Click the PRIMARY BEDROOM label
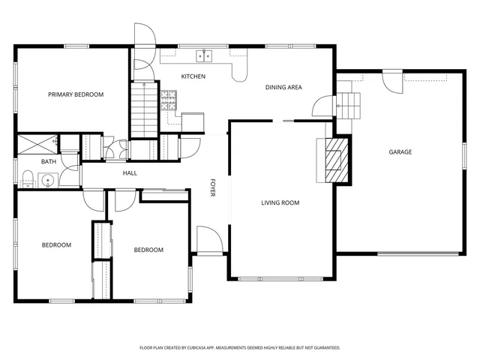75,94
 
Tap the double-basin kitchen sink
204,55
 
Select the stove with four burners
169,97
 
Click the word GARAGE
400,152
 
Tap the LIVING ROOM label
280,202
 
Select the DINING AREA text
283,88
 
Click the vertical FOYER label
213,188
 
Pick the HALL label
130,173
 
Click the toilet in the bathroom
27,178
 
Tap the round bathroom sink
48,179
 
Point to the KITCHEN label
193,76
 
